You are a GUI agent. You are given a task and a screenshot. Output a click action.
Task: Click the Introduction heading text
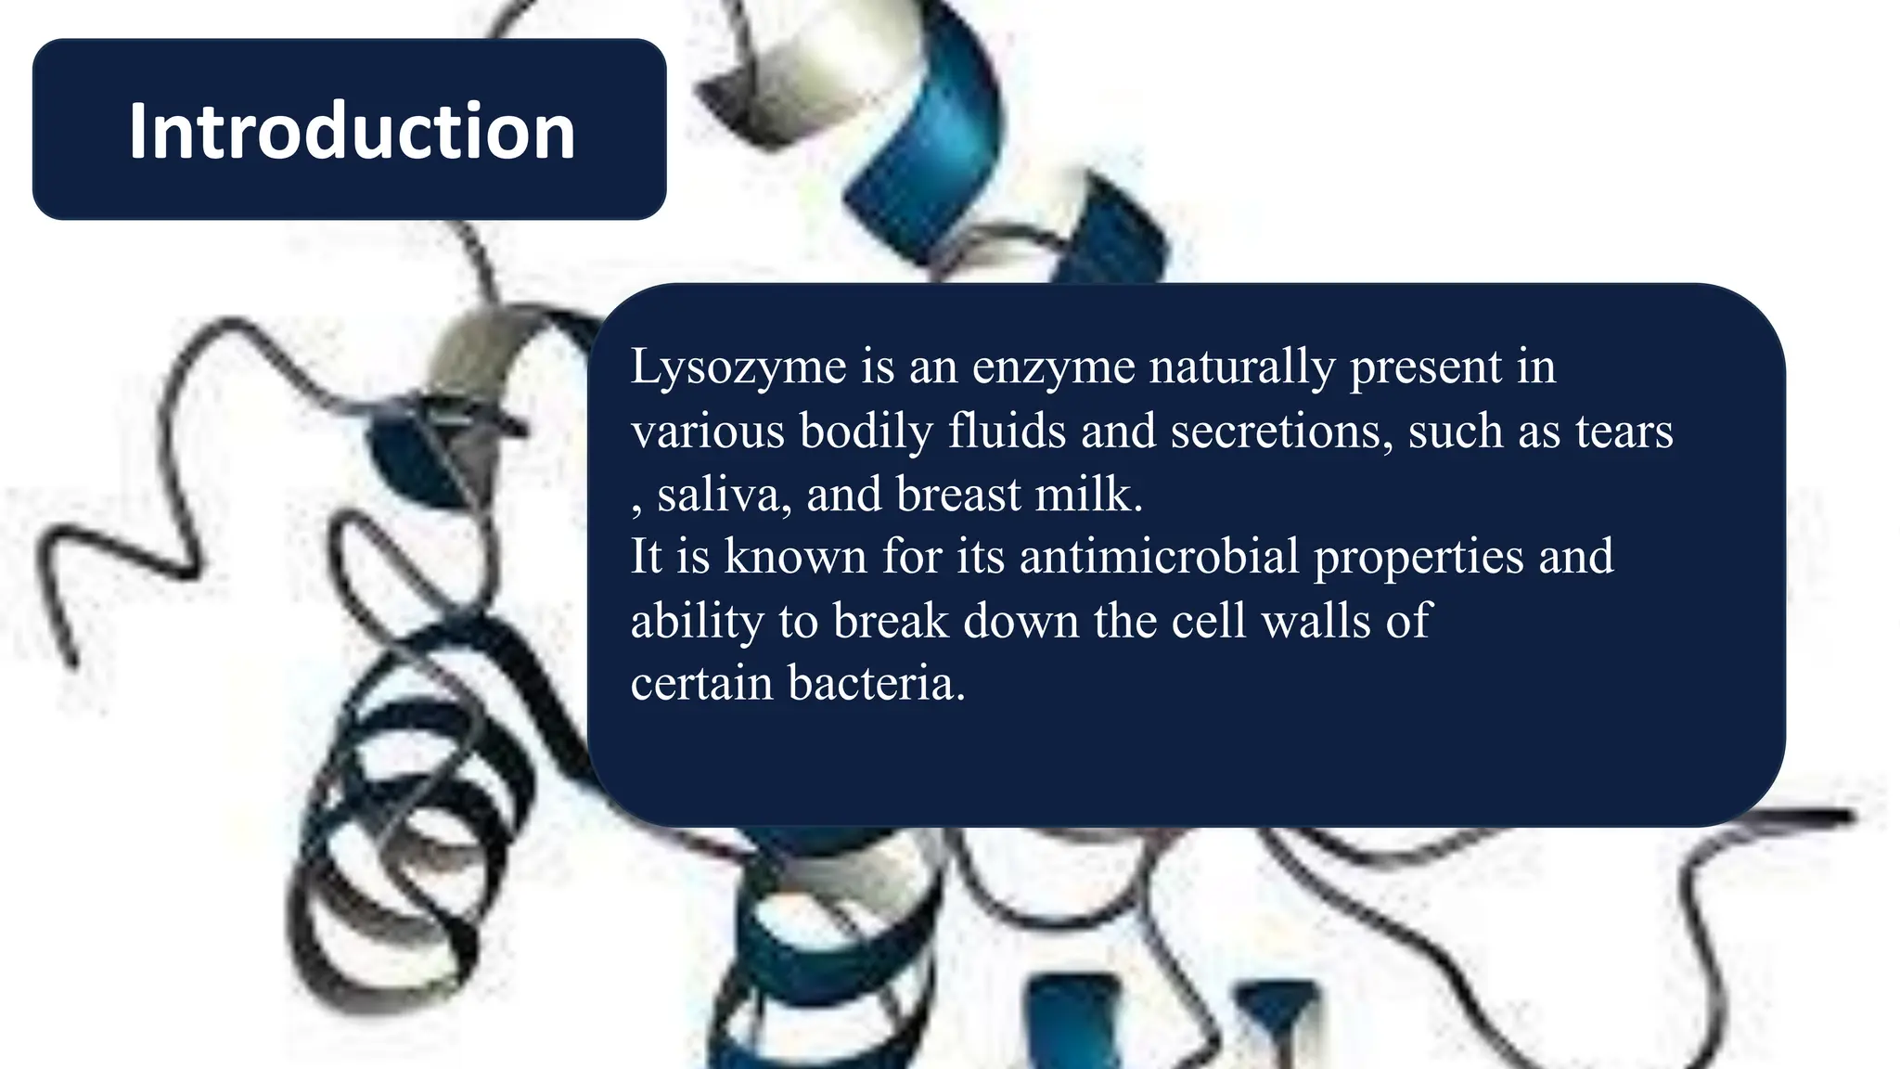point(352,131)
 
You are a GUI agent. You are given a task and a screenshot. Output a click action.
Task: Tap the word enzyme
point(1053,367)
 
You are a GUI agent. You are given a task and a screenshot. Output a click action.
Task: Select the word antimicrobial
point(1159,558)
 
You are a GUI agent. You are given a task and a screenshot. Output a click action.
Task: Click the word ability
point(697,622)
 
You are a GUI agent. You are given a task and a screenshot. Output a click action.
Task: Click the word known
point(795,558)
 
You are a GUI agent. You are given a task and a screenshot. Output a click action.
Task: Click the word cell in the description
point(1208,621)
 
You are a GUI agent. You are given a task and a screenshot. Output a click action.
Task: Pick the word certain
point(701,684)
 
